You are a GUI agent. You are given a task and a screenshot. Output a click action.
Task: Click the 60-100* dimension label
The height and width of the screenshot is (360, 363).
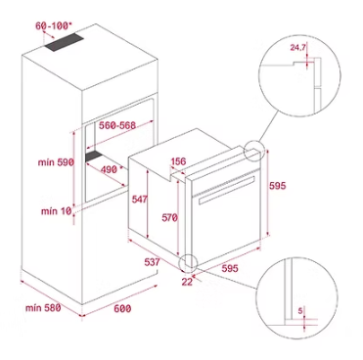click(x=53, y=25)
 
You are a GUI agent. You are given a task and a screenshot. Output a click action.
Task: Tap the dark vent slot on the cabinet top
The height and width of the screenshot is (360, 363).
click(x=65, y=42)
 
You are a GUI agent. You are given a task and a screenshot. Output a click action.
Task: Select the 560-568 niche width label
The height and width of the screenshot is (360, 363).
click(x=117, y=125)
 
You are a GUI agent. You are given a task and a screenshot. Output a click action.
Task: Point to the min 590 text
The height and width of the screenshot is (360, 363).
click(x=56, y=162)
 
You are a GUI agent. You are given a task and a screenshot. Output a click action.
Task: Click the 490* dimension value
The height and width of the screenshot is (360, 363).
click(x=111, y=169)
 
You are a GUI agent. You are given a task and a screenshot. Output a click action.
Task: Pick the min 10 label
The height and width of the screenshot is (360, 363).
click(x=56, y=211)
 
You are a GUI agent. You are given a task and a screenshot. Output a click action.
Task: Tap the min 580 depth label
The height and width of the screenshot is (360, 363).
click(x=43, y=307)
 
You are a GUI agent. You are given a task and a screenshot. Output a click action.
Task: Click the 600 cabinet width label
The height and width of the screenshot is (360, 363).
click(x=122, y=308)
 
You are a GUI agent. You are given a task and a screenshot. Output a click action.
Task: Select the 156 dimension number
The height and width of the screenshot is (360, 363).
click(x=178, y=161)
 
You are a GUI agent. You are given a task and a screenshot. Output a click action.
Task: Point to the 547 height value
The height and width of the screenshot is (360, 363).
click(x=140, y=199)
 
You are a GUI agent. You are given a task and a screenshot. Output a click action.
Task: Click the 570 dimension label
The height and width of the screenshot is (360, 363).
click(x=169, y=217)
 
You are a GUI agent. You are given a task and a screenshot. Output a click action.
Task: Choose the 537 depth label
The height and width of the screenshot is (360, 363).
click(x=153, y=262)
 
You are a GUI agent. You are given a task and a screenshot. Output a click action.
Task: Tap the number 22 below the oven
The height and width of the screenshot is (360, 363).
click(x=187, y=282)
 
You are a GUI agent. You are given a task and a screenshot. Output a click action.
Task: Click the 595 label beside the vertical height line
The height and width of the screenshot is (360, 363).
click(x=277, y=186)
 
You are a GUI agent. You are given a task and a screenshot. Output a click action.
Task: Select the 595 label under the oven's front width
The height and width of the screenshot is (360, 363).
click(x=230, y=268)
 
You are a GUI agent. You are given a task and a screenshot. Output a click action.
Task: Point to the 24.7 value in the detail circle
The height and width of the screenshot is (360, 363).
click(x=297, y=48)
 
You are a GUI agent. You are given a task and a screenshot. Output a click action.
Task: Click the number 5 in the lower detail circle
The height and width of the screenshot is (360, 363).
click(x=300, y=311)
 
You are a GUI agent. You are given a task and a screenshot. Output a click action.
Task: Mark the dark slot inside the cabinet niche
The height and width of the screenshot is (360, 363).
click(x=93, y=156)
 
